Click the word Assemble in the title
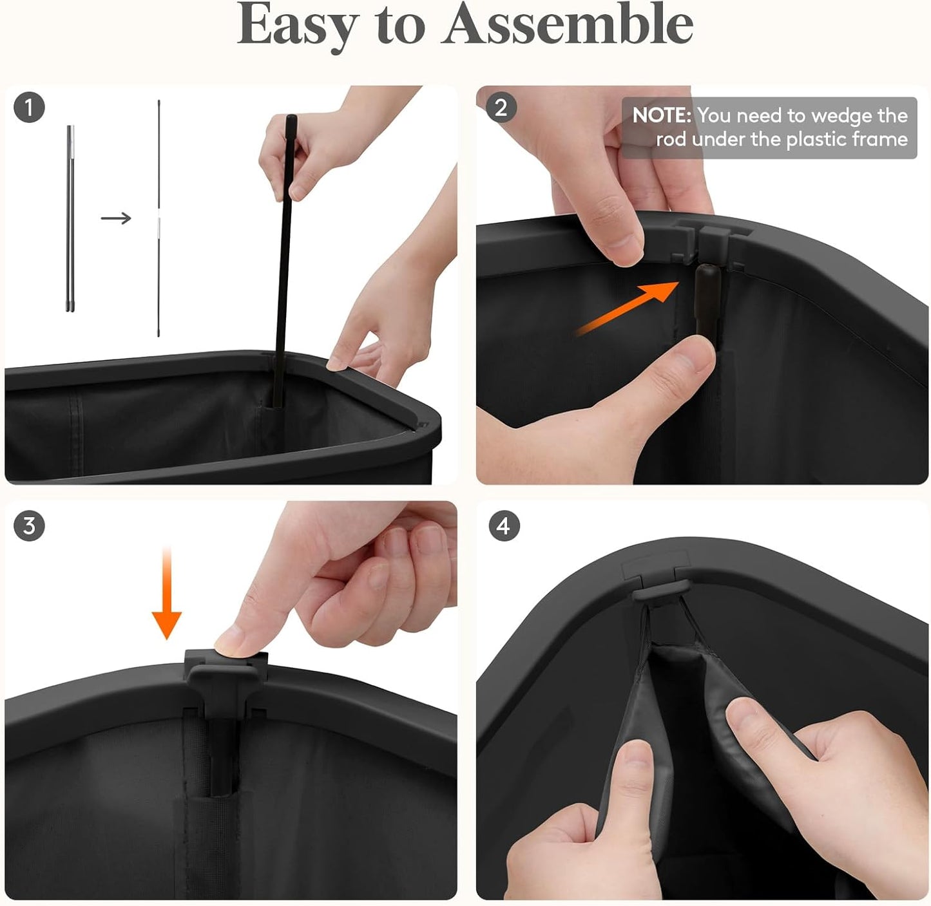click(568, 23)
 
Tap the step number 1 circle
click(29, 107)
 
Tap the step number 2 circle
click(501, 107)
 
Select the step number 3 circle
click(29, 526)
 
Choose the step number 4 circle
click(504, 526)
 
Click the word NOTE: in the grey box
click(662, 115)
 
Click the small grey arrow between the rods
click(116, 218)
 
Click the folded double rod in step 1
click(70, 218)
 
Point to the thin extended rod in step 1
click(159, 218)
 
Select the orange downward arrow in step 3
click(166, 593)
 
